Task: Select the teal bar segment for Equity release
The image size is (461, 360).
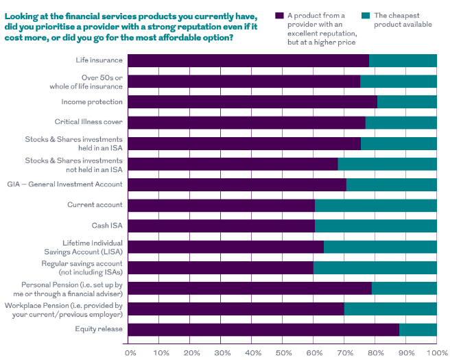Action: [418, 330]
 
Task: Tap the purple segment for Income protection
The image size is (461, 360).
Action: [252, 102]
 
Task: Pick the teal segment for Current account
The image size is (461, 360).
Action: [375, 205]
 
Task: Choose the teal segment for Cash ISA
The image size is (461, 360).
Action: [375, 226]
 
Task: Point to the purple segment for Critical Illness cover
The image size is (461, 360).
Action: [246, 123]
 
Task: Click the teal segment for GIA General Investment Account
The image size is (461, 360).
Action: [391, 184]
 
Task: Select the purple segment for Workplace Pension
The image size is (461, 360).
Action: [236, 309]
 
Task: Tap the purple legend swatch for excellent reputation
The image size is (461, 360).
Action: [279, 15]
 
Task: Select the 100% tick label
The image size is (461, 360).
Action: [436, 352]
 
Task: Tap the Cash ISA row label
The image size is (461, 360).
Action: [107, 225]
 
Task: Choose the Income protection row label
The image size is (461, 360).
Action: [92, 101]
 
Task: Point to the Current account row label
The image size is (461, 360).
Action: [95, 204]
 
